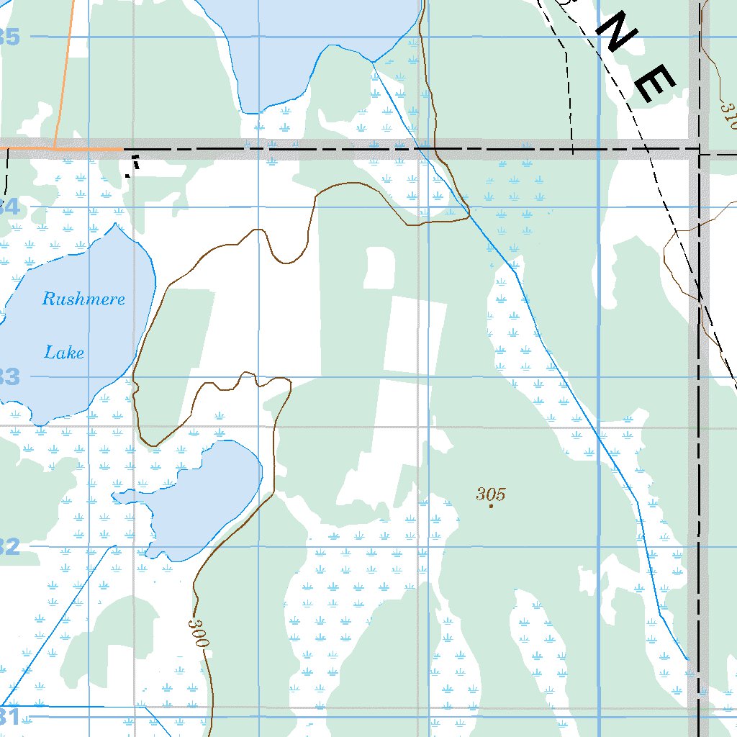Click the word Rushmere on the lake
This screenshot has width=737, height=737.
[83, 299]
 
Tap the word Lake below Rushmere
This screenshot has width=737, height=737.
[64, 353]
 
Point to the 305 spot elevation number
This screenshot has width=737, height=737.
[491, 494]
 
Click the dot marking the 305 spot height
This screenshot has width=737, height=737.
[491, 506]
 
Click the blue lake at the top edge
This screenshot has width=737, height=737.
[317, 36]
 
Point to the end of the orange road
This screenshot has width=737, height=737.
[122, 149]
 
